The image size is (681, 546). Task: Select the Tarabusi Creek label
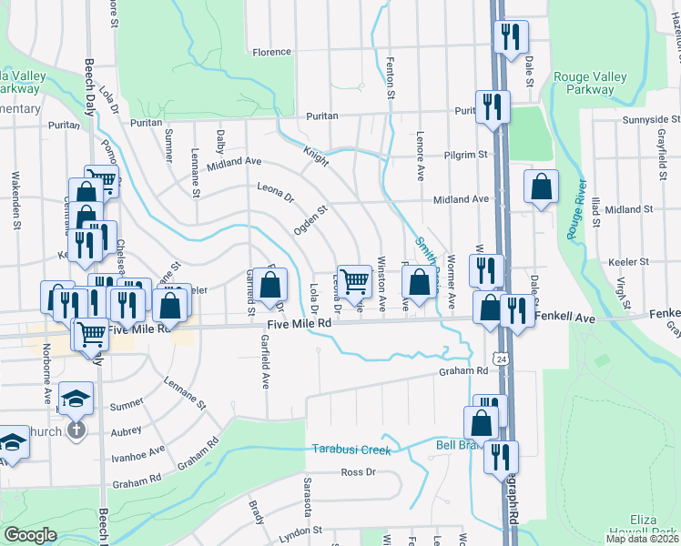(351, 450)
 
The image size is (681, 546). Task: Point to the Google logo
(30, 535)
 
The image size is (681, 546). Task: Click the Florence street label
(271, 53)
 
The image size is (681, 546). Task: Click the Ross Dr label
(358, 471)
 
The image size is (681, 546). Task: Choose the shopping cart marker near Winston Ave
(354, 282)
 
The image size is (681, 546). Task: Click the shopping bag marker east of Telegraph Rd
(541, 187)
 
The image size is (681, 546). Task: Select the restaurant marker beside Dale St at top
(510, 37)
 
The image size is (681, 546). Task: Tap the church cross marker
(76, 429)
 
